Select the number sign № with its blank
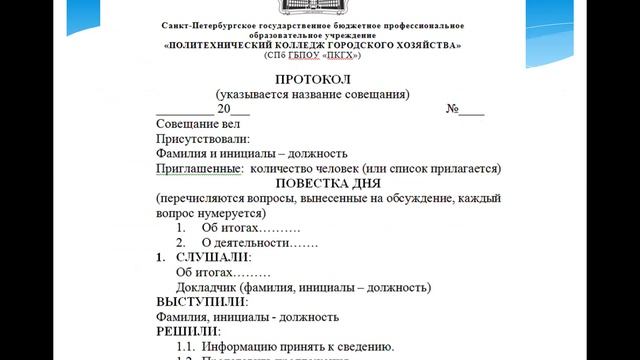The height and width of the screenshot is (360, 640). [x=464, y=110]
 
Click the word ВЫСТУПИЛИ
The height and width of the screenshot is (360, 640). [x=202, y=301]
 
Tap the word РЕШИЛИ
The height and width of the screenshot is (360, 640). [x=189, y=330]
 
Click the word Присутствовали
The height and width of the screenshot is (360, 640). [x=203, y=140]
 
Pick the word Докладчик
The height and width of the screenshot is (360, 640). [x=207, y=287]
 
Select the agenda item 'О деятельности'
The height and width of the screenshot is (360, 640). [x=245, y=242]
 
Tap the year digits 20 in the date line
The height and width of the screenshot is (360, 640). [x=225, y=110]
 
